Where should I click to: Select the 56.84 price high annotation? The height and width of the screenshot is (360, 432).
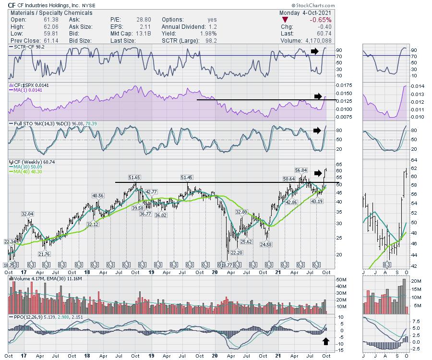pyautogui.click(x=301, y=170)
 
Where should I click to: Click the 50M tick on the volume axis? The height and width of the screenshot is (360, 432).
pyautogui.click(x=342, y=279)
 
